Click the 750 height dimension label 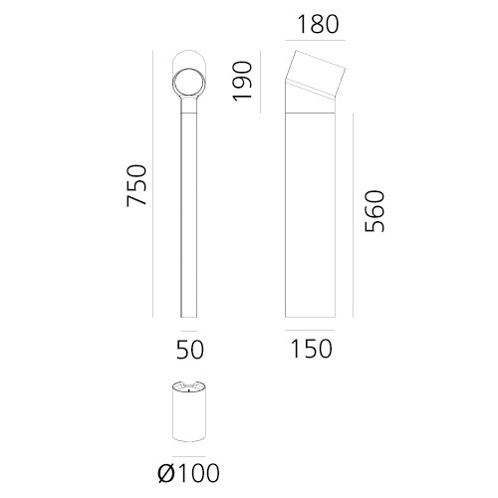pos(136,185)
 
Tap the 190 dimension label pos(243,81)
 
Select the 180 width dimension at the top pos(318,24)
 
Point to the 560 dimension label pos(374,211)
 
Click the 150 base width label pos(311,349)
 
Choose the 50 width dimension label pos(190,350)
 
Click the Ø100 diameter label pos(188,473)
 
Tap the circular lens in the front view pos(189,83)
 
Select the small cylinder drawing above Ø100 pos(189,411)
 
